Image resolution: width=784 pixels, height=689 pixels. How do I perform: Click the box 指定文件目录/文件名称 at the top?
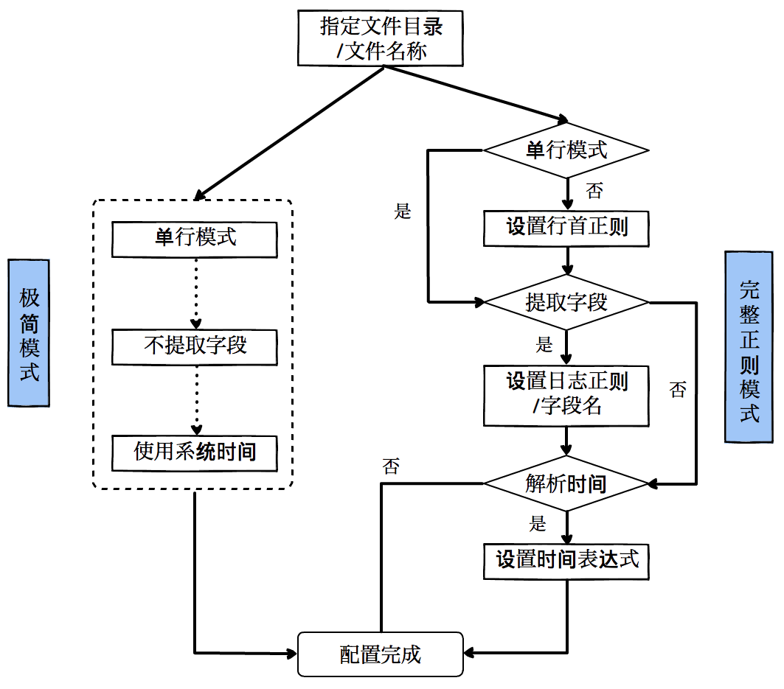pyautogui.click(x=381, y=38)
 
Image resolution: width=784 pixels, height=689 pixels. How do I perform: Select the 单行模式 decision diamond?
pyautogui.click(x=566, y=150)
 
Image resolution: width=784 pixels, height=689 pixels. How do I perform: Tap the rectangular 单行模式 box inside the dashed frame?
pyautogui.click(x=195, y=238)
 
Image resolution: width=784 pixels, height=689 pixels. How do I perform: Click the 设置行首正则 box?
pyautogui.click(x=566, y=227)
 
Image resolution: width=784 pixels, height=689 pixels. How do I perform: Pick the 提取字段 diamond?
pyautogui.click(x=566, y=302)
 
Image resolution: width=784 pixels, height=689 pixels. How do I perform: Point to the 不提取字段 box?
pyautogui.click(x=195, y=346)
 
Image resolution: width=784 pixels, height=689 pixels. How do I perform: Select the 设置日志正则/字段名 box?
pyautogui.click(x=566, y=394)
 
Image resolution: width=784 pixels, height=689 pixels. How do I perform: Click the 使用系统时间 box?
pyautogui.click(x=195, y=452)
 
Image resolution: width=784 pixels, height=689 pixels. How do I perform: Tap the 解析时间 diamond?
pyautogui.click(x=566, y=483)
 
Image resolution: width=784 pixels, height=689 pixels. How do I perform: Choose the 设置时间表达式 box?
pyautogui.click(x=566, y=560)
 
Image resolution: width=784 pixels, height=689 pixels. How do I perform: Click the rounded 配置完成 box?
pyautogui.click(x=381, y=654)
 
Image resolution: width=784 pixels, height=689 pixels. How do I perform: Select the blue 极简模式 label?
pyautogui.click(x=29, y=332)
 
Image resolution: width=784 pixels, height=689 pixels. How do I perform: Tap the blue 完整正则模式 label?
pyautogui.click(x=749, y=346)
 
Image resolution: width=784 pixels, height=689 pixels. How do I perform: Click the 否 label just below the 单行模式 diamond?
pyautogui.click(x=594, y=192)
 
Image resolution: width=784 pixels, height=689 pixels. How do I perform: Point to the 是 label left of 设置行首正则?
pyautogui.click(x=403, y=212)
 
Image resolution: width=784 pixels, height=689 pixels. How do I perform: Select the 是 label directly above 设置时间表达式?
pyautogui.click(x=538, y=524)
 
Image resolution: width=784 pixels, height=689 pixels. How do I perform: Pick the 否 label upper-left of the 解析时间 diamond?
pyautogui.click(x=391, y=466)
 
